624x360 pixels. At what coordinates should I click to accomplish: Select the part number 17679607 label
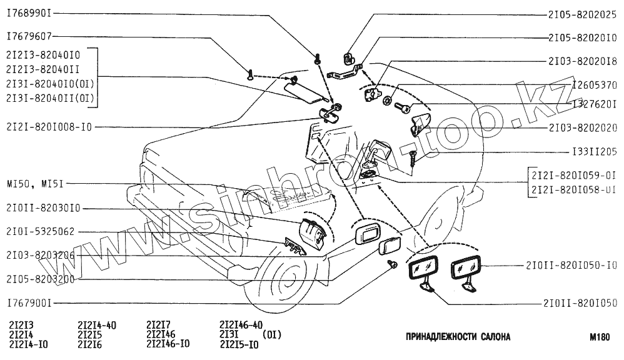tap(29, 36)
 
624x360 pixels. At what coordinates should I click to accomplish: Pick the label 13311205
tap(593, 152)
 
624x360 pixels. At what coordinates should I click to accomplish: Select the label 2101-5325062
tap(41, 231)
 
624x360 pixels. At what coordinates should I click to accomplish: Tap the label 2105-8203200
tap(41, 279)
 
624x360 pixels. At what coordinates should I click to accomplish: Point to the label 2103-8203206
tap(41, 256)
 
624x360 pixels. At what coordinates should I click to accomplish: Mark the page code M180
tap(599, 337)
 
